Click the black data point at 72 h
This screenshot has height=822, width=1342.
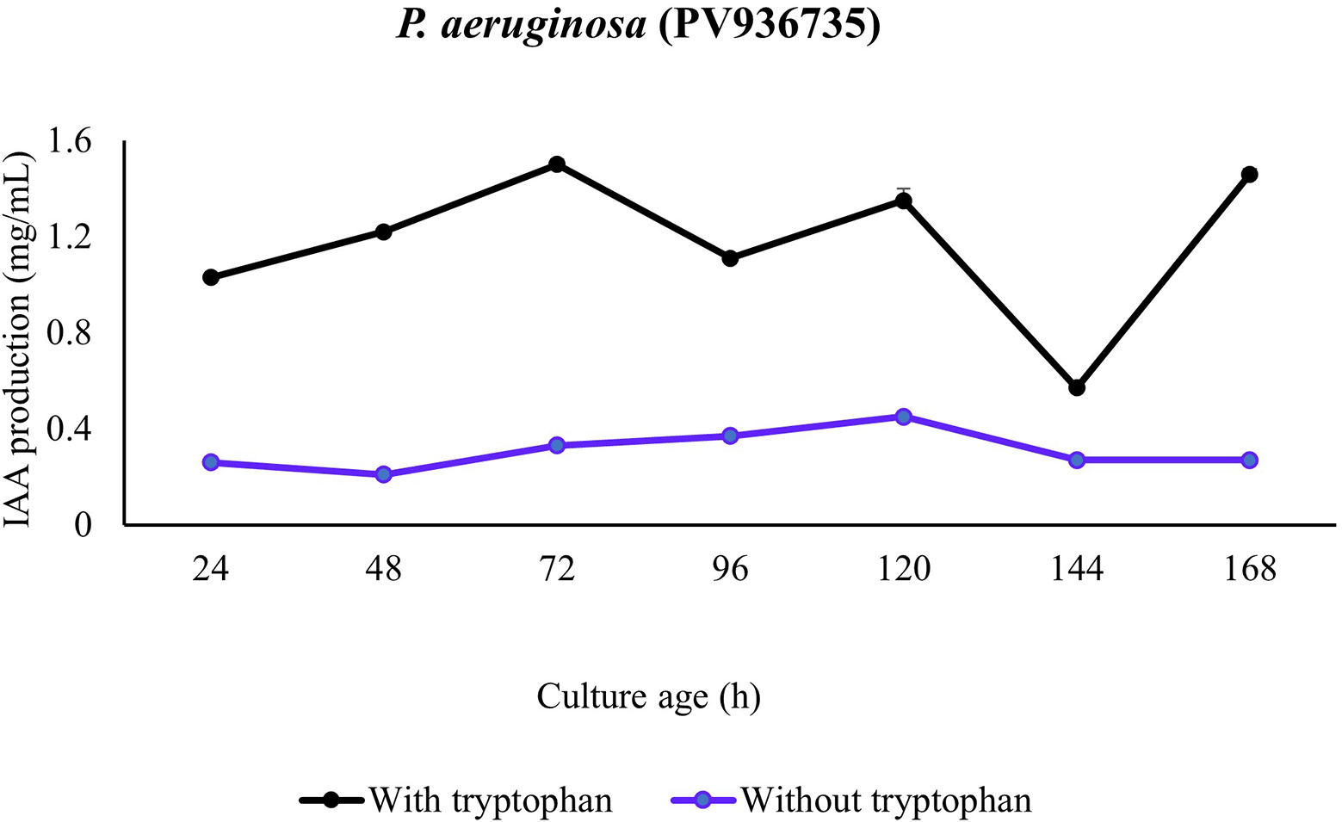coord(557,164)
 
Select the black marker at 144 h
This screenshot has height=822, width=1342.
coord(1077,387)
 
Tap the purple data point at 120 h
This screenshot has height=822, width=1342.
coord(903,417)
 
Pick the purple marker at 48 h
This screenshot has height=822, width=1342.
coord(384,474)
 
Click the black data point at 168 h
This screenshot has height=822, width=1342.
coord(1250,175)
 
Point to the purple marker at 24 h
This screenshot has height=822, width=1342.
coord(211,462)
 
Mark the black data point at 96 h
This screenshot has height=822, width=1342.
coord(730,258)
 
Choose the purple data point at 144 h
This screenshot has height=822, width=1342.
coord(1077,460)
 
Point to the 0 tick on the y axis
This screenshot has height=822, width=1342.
coord(83,524)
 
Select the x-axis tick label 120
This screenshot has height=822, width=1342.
coord(903,570)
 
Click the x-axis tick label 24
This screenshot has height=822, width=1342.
coord(211,570)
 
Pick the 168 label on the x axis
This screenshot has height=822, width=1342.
coord(1250,570)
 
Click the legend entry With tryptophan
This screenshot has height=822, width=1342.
coord(491,800)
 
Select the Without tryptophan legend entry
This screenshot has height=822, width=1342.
coord(887,800)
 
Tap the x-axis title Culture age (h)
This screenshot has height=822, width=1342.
coord(648,696)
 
